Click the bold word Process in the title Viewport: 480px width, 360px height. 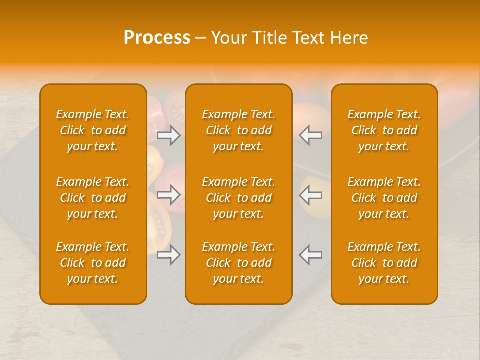tap(157, 38)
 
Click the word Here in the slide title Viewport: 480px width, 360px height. tap(348, 38)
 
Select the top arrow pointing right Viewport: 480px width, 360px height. tap(168, 135)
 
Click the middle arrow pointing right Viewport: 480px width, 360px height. tap(168, 195)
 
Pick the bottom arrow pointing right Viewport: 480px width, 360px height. tap(168, 255)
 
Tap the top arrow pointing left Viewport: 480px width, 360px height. tap(310, 135)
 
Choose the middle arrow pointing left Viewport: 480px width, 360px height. tap(310, 195)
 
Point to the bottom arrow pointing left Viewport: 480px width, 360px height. tap(310, 255)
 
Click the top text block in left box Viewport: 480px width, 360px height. tap(93, 130)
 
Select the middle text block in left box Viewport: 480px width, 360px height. tap(93, 198)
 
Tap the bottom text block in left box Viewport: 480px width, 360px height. tap(93, 263)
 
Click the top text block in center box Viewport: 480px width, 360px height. tap(239, 130)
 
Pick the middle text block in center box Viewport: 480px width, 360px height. tap(239, 198)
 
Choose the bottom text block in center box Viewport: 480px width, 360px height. tap(239, 263)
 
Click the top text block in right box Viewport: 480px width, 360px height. tap(384, 130)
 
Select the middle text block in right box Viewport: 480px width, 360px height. tap(384, 198)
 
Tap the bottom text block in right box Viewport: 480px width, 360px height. tap(384, 263)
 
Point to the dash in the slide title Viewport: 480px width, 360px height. tap(201, 38)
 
